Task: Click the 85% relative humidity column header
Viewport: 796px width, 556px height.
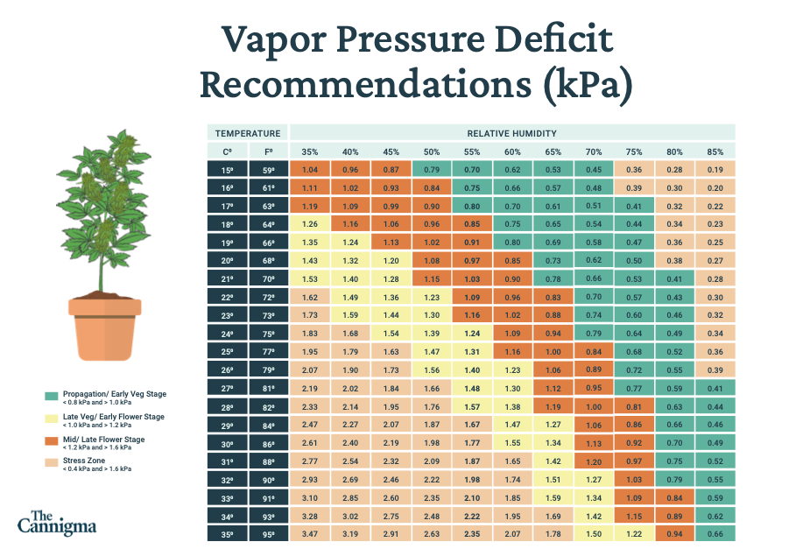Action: coord(715,151)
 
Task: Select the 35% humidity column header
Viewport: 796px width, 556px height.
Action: coord(310,151)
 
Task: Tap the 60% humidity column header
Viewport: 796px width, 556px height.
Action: coord(512,151)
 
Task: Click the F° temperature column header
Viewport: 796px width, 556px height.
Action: coord(268,151)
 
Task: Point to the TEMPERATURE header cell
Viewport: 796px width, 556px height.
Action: coord(248,133)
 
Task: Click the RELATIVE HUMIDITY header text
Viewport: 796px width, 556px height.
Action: coord(512,133)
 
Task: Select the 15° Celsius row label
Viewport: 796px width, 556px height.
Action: coord(228,169)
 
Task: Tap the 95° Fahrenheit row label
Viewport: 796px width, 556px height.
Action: coord(268,533)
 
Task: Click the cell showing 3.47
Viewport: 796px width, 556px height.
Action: coord(310,533)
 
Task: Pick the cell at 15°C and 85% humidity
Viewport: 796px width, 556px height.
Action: coord(715,169)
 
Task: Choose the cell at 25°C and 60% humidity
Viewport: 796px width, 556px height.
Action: coord(512,351)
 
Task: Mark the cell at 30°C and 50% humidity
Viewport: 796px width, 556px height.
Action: coord(431,442)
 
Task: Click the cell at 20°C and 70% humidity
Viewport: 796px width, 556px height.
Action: coord(593,260)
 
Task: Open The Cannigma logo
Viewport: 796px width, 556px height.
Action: coord(58,522)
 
